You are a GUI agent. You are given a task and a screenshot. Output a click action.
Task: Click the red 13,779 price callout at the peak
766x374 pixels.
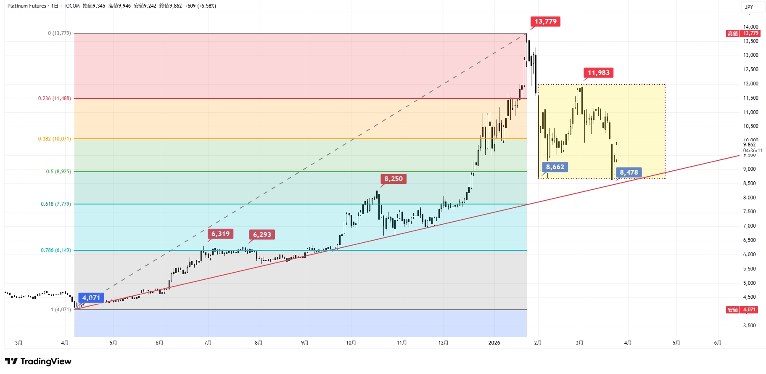coord(545,21)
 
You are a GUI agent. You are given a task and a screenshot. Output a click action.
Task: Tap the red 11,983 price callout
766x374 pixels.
coord(598,73)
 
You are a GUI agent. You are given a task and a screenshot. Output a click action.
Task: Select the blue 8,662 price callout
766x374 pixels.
coord(555,167)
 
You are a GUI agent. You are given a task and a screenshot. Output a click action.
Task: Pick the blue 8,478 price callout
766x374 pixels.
coord(629,172)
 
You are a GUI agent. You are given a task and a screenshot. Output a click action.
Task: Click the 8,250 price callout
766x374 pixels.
coord(393,179)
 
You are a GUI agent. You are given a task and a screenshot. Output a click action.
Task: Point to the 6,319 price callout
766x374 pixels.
coord(220,234)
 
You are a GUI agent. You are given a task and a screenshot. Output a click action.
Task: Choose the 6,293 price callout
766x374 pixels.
coord(262,234)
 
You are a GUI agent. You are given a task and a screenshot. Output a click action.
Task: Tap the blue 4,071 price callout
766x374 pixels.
coord(91,298)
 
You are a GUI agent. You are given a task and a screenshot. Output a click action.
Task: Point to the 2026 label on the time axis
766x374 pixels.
coord(494,343)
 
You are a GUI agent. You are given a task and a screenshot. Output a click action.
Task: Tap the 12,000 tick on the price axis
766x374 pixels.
coord(750,84)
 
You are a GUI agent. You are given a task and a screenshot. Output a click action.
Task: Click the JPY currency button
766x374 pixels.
coord(749,7)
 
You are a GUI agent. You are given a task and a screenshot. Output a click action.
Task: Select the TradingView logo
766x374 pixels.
coord(38,361)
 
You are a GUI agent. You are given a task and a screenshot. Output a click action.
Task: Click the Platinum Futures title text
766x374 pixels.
coord(27,6)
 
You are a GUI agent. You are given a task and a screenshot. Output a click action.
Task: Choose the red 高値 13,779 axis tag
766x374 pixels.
coord(743,33)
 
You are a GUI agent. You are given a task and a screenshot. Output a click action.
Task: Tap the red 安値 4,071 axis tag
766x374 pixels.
coord(742,310)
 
